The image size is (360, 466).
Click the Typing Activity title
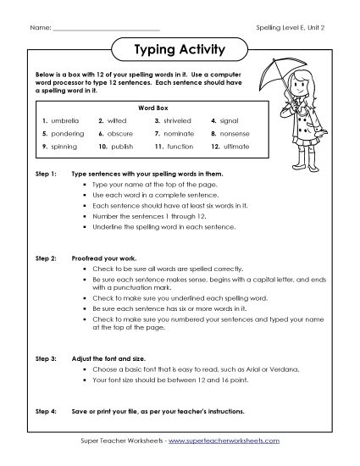pyautogui.click(x=180, y=50)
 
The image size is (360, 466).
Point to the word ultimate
pyautogui.click(x=235, y=147)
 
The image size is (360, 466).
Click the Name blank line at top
pyautogui.click(x=106, y=31)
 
